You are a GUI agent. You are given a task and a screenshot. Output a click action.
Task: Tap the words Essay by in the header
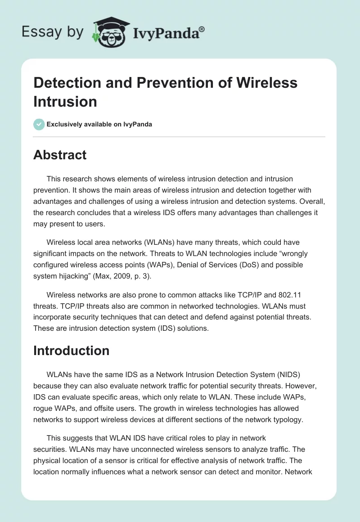(x=52, y=32)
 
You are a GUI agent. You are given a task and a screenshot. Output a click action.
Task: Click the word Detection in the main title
(x=64, y=83)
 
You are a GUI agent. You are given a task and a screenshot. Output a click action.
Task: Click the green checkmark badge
(x=39, y=124)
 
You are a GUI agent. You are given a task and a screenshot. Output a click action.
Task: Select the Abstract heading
(x=60, y=155)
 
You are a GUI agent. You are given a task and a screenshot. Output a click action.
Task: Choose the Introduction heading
(x=71, y=351)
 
